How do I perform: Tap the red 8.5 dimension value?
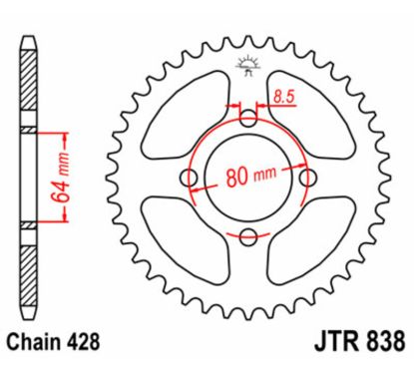[283, 97]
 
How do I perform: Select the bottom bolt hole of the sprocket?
[248, 236]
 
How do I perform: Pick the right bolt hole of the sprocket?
[307, 178]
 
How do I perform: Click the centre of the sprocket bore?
[248, 178]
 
